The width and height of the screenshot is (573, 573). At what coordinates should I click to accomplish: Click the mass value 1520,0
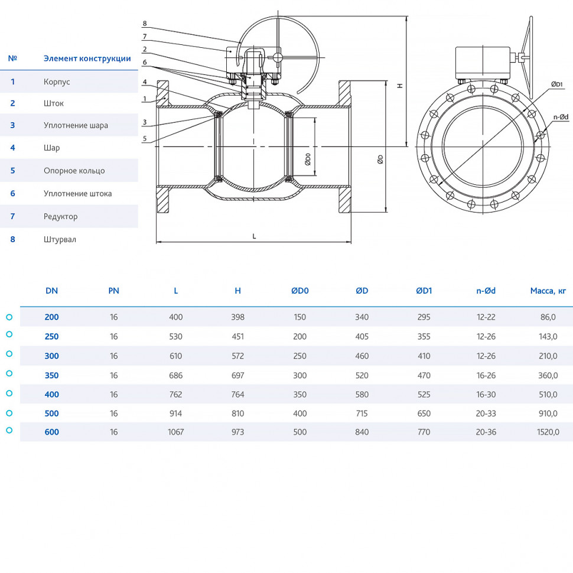click(548, 432)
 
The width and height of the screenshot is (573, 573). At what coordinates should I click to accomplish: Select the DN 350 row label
click(51, 375)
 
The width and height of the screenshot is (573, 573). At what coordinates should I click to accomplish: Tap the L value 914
click(176, 414)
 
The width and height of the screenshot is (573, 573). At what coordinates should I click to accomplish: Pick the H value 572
click(237, 356)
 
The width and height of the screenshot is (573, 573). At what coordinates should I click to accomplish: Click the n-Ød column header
click(486, 291)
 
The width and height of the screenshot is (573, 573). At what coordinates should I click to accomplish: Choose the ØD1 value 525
click(424, 394)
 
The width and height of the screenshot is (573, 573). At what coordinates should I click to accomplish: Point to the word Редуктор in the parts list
click(61, 216)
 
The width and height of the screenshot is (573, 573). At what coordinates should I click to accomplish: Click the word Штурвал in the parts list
click(60, 239)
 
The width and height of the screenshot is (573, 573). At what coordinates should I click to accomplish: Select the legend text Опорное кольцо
click(74, 171)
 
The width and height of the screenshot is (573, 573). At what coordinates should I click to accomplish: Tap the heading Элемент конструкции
click(87, 58)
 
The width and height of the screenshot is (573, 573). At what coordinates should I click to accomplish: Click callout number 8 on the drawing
click(145, 24)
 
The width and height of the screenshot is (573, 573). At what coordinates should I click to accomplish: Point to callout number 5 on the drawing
click(145, 138)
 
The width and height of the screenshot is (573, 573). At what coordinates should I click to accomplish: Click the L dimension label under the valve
click(255, 236)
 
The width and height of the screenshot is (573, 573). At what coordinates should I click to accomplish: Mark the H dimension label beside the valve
click(400, 86)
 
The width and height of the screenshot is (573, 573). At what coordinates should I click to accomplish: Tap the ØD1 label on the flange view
click(557, 84)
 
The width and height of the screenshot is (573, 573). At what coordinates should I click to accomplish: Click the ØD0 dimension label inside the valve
click(308, 159)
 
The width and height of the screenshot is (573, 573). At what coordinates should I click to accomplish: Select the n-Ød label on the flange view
click(561, 117)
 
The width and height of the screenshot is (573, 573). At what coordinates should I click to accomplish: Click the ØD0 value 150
click(299, 317)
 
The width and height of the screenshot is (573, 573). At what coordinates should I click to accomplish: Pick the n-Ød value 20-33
click(486, 414)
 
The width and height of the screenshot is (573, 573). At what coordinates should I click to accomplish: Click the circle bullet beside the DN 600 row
click(9, 431)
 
